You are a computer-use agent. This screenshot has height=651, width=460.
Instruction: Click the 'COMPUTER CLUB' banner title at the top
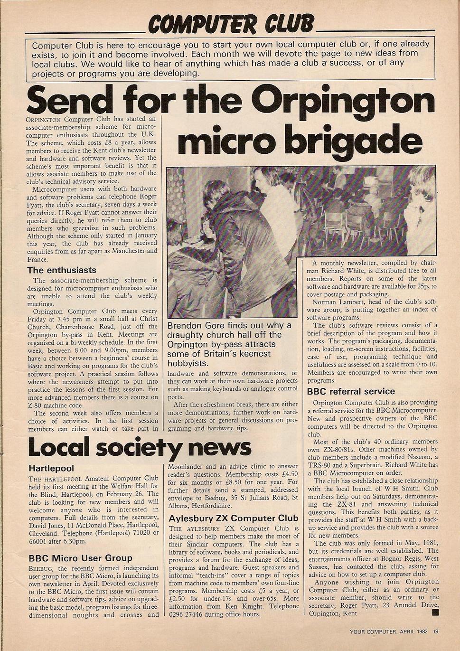231,23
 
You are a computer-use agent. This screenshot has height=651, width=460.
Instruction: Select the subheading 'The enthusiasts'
62,270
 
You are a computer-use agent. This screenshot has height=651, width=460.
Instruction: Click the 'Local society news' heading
140,446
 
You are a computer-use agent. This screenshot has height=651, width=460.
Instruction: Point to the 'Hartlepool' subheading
51,469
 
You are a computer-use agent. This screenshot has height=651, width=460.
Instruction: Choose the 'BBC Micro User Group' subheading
80,558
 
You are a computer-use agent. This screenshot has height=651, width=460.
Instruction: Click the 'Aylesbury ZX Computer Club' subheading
234,518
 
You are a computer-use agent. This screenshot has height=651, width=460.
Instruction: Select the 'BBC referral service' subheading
351,392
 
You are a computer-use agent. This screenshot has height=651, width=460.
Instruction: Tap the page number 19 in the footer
435,632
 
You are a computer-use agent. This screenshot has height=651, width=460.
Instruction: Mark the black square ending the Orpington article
436,613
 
